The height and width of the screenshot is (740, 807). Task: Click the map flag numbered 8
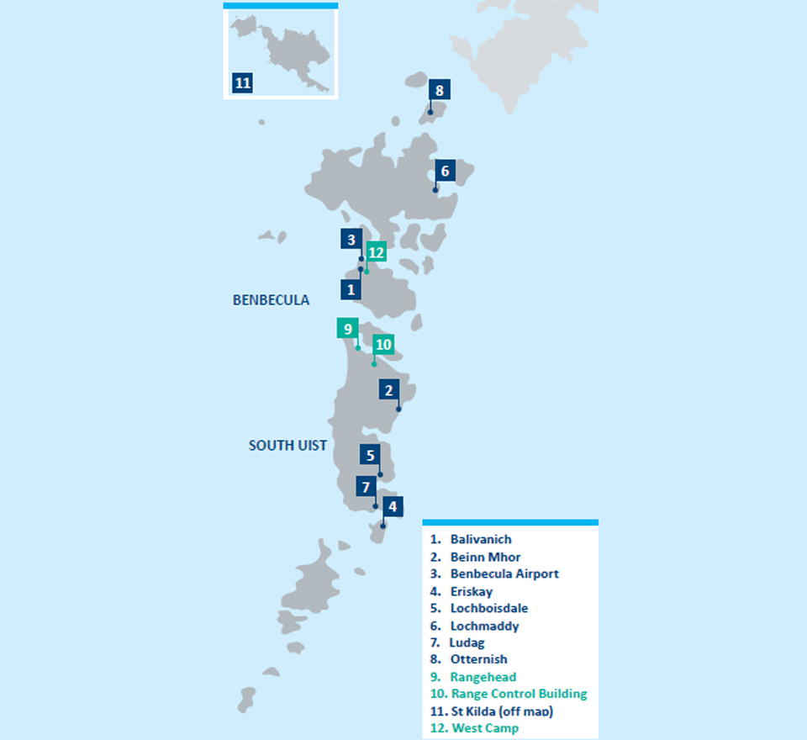pos(439,90)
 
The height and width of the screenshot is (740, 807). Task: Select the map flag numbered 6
pos(445,172)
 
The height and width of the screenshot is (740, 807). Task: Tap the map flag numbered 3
pos(351,240)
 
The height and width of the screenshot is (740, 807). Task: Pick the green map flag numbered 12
pos(376,252)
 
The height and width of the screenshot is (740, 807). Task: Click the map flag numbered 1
pos(351,290)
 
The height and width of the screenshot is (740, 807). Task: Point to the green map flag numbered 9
pos(346,329)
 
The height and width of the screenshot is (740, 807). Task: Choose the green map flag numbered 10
pos(382,345)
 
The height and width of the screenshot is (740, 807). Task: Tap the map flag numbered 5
pos(371,456)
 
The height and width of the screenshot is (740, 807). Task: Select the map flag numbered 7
pos(365,487)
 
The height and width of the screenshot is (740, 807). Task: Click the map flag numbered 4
pos(392,507)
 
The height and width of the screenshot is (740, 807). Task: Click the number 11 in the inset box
pos(243,83)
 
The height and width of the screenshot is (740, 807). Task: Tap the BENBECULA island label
pos(271,300)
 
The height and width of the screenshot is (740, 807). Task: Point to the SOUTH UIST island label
pos(287,446)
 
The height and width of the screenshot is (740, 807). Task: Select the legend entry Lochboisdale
pos(488,608)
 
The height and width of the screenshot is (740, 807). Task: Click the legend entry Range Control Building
pos(519,694)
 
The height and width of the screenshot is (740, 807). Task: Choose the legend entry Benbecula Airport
pos(504,573)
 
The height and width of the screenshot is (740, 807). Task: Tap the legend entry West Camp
pos(484,728)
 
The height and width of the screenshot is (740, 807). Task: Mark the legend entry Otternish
pos(478,659)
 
